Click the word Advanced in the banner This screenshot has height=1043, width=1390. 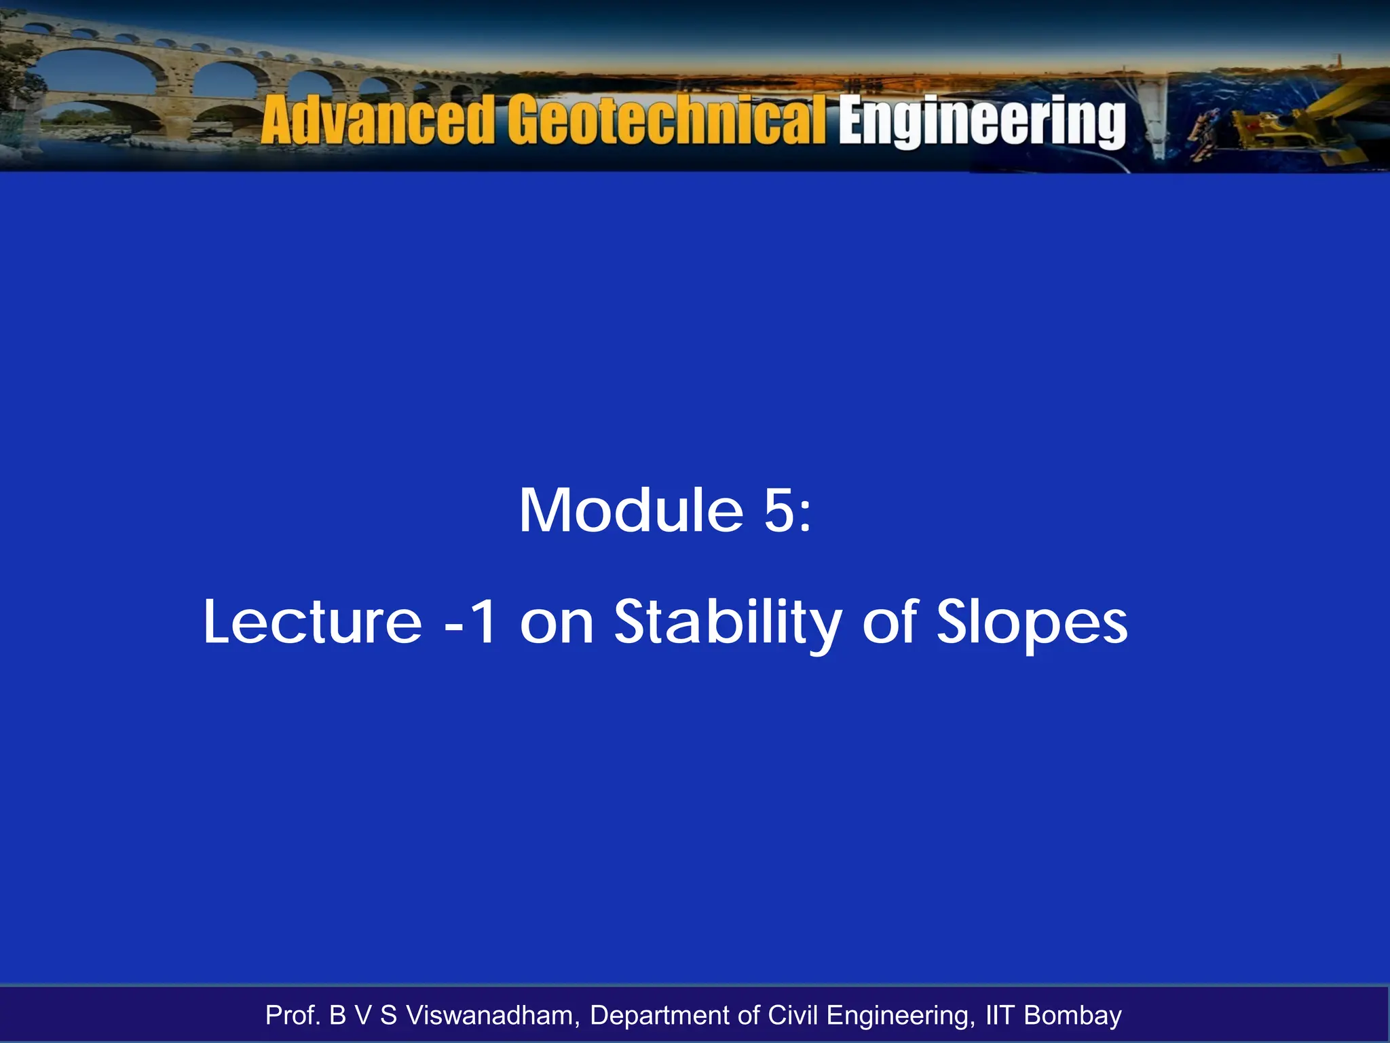pos(377,120)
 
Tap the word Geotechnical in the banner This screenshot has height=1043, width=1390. pos(669,120)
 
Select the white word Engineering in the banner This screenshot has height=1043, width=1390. pos(982,122)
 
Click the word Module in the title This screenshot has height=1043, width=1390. pos(631,511)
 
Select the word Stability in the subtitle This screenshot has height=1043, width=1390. pos(728,623)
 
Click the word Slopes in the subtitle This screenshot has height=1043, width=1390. pos(1032,623)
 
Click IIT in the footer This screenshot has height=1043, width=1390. pos(999,1016)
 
